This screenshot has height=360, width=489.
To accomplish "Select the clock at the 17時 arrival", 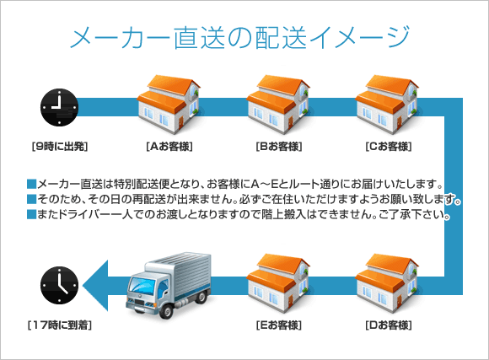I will click(x=58, y=283).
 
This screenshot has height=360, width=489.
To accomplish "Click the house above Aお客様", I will click(x=169, y=100).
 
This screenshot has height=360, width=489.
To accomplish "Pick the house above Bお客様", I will click(x=278, y=100).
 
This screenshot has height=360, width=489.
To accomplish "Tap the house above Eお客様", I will click(x=278, y=277).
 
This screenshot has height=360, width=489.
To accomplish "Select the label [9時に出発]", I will click(x=58, y=147).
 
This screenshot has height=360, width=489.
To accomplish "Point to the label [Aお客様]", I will click(x=169, y=147).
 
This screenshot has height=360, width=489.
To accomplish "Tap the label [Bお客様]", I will click(x=278, y=147).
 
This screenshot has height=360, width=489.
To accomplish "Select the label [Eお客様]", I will click(x=278, y=324).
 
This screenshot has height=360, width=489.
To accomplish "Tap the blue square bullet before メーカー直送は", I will click(x=31, y=184).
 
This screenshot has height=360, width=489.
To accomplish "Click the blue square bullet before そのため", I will click(x=31, y=200).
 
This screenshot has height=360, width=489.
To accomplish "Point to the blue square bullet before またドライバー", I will click(x=31, y=216).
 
